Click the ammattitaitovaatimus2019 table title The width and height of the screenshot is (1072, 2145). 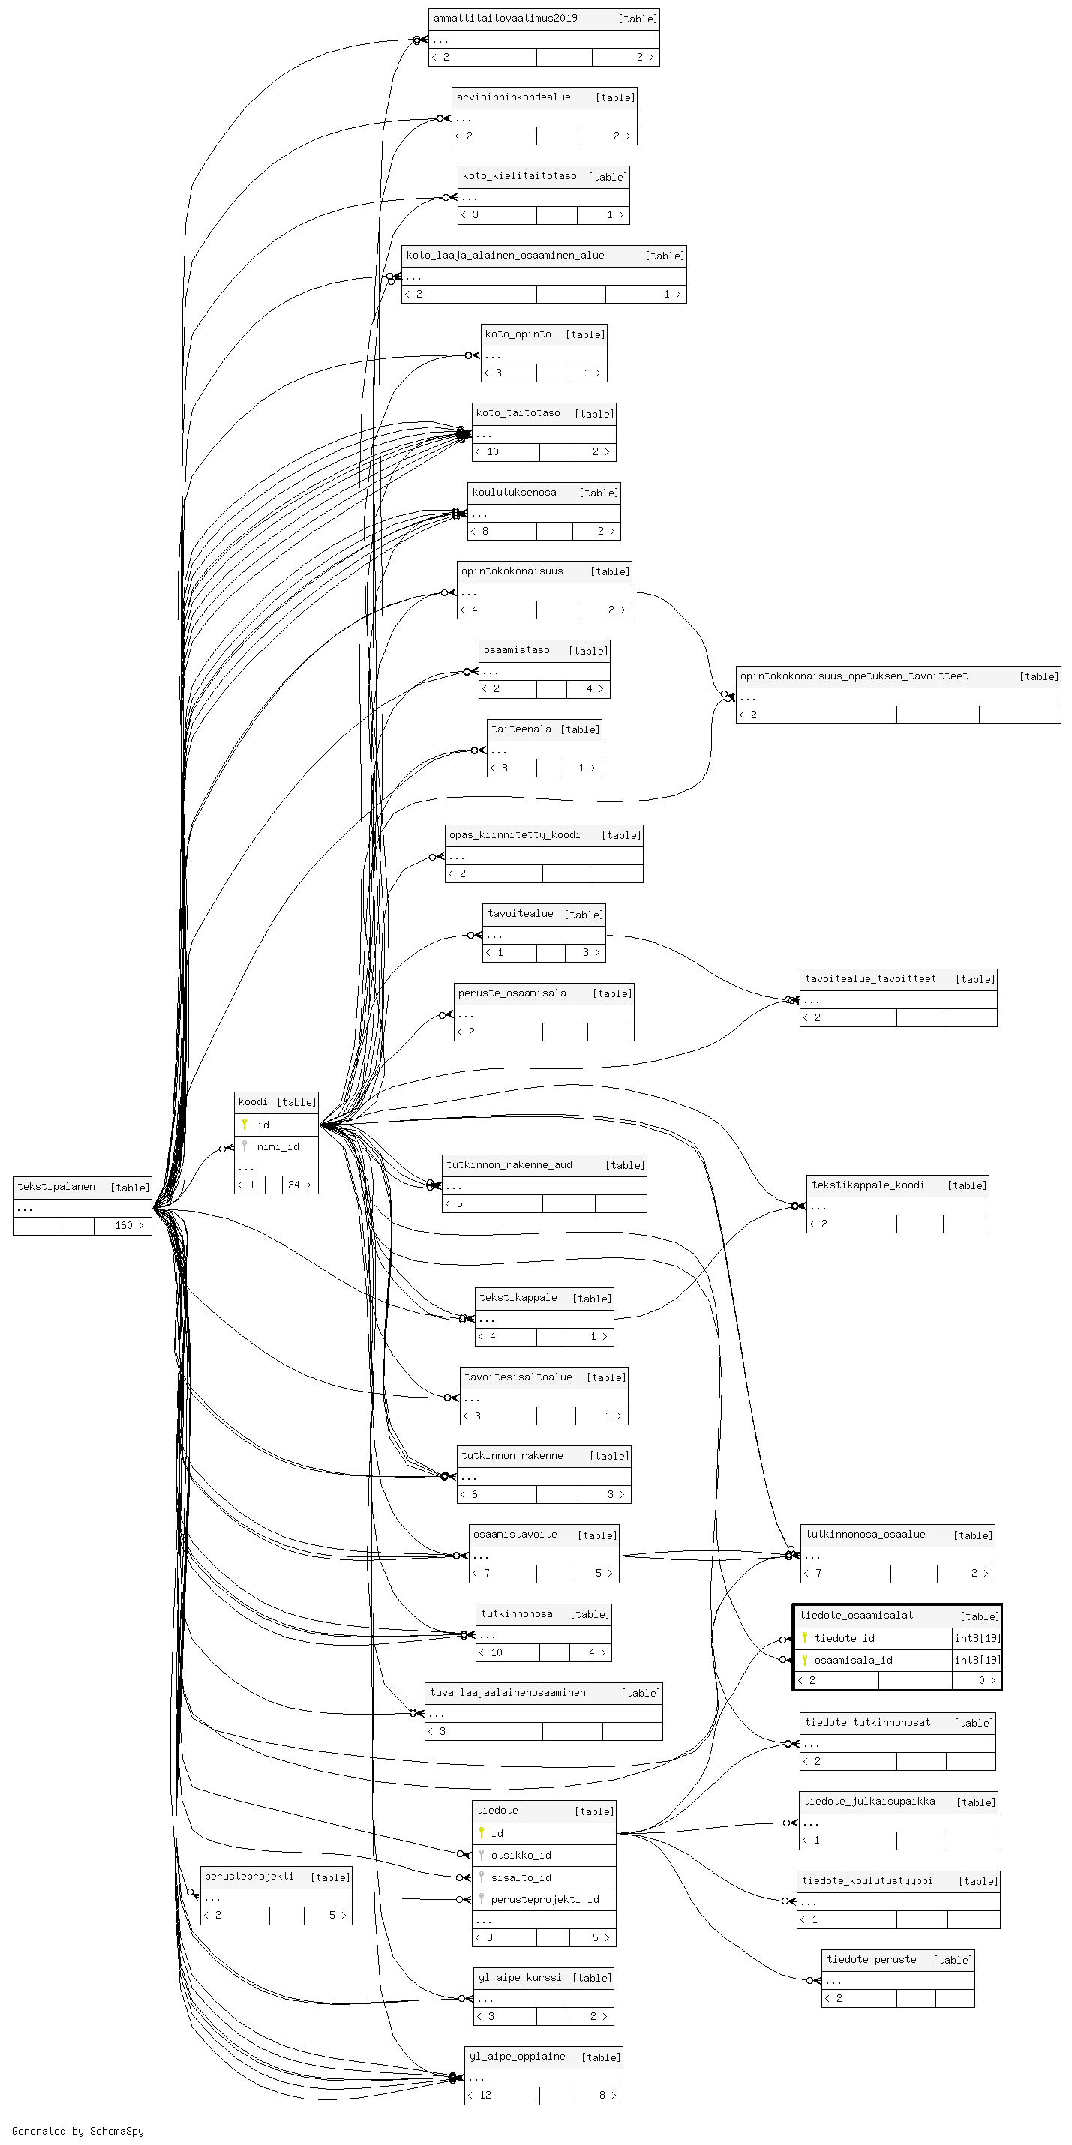pos(505,18)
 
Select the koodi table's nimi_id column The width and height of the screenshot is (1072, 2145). pos(278,1146)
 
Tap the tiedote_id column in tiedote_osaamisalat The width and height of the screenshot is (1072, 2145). pos(845,1638)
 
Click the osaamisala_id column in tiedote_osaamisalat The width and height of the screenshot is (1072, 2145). pos(853,1659)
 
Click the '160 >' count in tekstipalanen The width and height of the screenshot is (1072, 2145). pos(129,1226)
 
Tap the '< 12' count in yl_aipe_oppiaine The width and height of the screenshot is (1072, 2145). pos(480,2095)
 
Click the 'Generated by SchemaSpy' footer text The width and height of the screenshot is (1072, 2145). pos(77,2131)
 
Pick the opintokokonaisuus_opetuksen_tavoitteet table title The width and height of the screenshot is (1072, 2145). pos(854,676)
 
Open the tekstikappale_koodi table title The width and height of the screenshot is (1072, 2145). pos(868,1185)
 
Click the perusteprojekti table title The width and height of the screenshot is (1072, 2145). pos(249,1876)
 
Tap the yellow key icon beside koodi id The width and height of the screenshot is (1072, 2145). pos(244,1124)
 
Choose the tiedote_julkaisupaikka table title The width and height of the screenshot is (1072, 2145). pos(869,1801)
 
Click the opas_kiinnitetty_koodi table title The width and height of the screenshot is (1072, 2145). pos(515,834)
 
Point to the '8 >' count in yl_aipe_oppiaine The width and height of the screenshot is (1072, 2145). pos(607,2095)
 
